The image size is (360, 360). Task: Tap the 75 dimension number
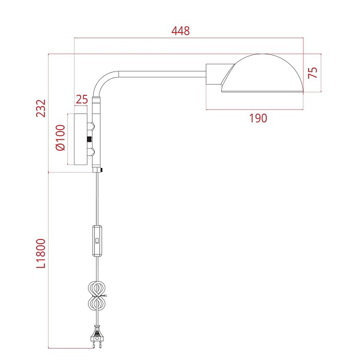tap(312, 72)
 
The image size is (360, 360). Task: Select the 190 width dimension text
tap(258, 118)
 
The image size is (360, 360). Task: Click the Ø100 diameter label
tap(61, 139)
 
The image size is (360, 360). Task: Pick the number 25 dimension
tap(82, 99)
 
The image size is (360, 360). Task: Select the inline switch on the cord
tap(98, 241)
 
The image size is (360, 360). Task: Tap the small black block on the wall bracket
tap(89, 139)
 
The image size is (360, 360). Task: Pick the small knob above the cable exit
tap(101, 169)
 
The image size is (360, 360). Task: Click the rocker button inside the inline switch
tap(98, 241)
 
